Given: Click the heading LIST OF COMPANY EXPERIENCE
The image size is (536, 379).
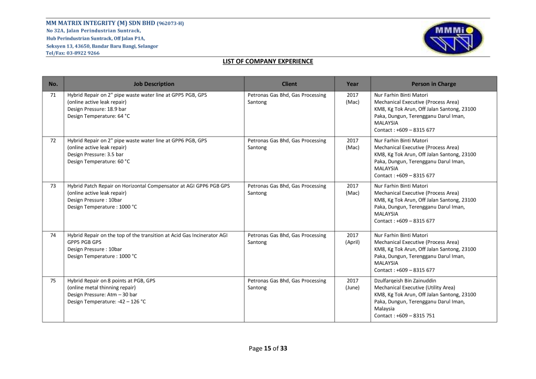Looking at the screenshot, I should (267, 61).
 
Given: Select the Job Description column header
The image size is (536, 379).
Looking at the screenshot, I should (154, 84).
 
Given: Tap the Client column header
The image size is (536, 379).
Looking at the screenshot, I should (289, 84).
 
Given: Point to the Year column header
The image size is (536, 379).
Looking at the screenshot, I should (352, 84).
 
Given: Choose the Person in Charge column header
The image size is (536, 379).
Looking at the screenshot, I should (433, 84).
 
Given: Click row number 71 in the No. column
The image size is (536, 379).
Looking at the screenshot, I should (53, 95).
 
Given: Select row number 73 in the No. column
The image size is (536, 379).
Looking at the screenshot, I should (53, 186).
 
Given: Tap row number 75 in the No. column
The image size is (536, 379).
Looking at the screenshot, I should (53, 281).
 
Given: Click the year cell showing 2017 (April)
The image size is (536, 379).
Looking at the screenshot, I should (352, 239).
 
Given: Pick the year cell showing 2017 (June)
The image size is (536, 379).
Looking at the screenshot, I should (352, 284).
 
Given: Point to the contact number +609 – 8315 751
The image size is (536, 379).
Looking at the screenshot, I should (404, 316).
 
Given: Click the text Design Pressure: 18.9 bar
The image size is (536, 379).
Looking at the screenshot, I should (97, 109).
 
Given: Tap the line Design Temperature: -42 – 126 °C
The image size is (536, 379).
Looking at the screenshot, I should (107, 302).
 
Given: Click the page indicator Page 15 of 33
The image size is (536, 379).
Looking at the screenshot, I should (268, 349).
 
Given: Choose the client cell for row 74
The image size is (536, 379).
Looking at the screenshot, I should (287, 239).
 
